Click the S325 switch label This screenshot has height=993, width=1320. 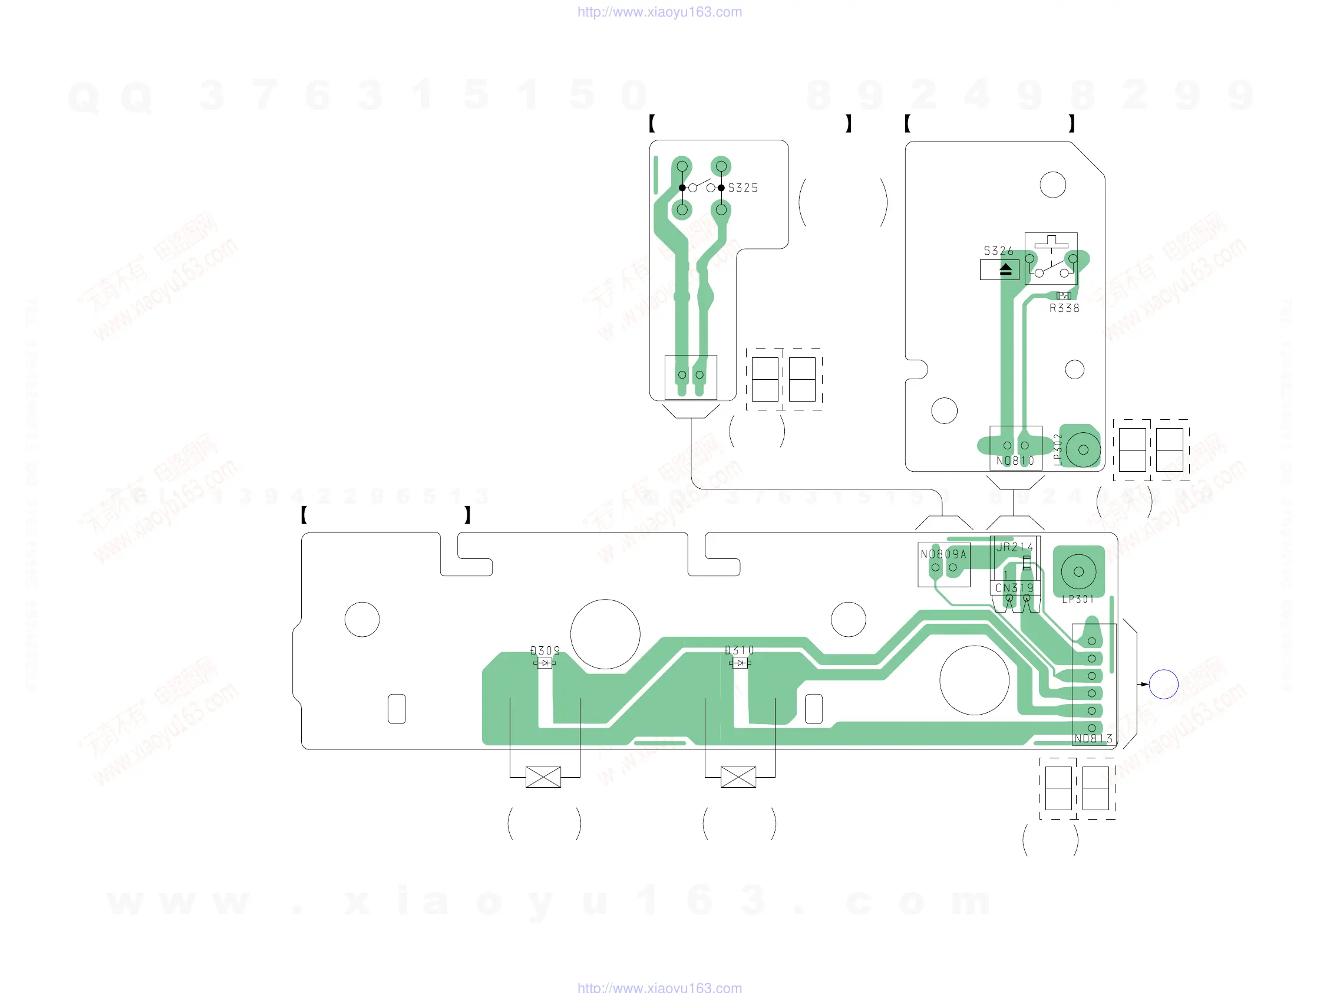click(x=742, y=188)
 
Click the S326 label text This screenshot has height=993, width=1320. click(x=998, y=251)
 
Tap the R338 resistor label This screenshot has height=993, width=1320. click(x=1064, y=308)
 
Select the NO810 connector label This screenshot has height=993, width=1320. click(x=1015, y=461)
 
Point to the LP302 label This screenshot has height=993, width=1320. click(x=1057, y=449)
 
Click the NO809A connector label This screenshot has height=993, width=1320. click(x=943, y=554)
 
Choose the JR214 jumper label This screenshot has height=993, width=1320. click(x=1015, y=547)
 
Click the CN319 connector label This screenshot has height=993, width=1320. click(x=1015, y=587)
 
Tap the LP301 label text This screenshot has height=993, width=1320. click(x=1078, y=599)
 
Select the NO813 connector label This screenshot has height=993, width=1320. click(x=1093, y=739)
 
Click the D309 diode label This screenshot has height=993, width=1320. click(x=546, y=650)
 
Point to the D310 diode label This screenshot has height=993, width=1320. click(x=740, y=650)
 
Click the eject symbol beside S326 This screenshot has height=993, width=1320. click(x=1005, y=270)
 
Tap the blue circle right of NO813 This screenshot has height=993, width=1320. click(x=1163, y=684)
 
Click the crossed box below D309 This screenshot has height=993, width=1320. click(x=543, y=777)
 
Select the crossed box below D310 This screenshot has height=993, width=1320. click(x=738, y=777)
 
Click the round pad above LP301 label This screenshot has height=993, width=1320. click(x=1078, y=571)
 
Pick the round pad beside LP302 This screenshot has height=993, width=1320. click(x=1083, y=450)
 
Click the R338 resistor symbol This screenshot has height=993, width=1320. click(x=1064, y=295)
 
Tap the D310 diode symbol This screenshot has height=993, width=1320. click(x=740, y=663)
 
